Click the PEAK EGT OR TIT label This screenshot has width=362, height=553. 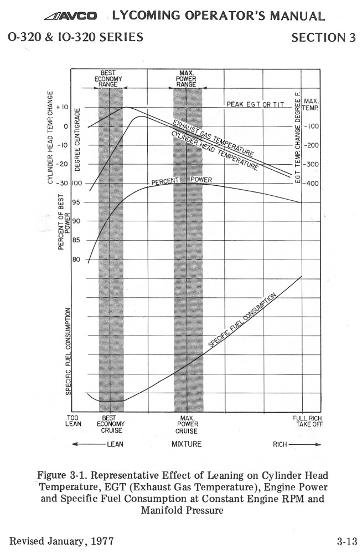[255, 104]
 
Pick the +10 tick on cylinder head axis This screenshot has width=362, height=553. [61, 106]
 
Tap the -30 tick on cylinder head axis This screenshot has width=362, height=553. [60, 183]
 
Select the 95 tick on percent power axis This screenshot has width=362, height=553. [76, 202]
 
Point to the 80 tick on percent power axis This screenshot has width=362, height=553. [76, 260]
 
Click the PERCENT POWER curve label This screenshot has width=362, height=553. [182, 180]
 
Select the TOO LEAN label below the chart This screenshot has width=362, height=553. [74, 421]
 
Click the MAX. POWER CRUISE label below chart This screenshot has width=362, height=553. [186, 424]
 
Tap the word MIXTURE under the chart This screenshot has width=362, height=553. [187, 444]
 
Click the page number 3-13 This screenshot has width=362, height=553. [347, 541]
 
